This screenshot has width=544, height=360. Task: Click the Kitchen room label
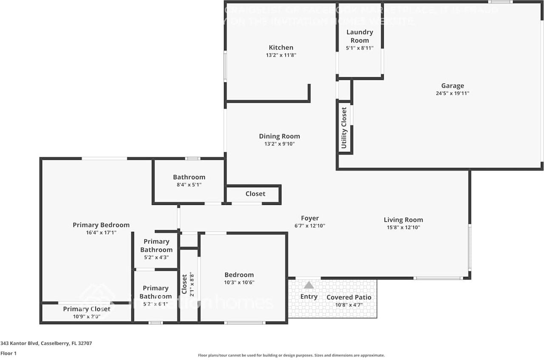[281, 48]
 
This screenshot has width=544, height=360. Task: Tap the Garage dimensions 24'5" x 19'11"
[452, 94]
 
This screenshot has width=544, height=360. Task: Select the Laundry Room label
[360, 36]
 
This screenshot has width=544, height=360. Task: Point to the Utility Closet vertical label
[344, 128]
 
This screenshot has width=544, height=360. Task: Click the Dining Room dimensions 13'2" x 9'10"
[279, 144]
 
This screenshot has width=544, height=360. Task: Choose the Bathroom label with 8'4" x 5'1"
[189, 177]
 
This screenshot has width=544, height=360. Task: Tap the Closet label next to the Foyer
[255, 194]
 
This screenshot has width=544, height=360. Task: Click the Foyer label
[309, 218]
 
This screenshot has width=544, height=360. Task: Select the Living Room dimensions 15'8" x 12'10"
[403, 227]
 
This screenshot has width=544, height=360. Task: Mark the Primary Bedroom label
[101, 225]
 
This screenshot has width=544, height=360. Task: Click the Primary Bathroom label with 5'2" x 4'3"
[156, 246]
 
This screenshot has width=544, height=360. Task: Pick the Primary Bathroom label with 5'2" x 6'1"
[156, 292]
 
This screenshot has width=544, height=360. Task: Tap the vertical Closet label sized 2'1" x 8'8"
[184, 284]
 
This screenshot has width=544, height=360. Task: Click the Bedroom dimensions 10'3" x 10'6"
[239, 282]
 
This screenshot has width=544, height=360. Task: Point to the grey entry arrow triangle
[309, 285]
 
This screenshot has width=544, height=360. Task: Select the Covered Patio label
[348, 297]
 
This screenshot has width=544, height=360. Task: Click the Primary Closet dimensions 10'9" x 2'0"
[86, 316]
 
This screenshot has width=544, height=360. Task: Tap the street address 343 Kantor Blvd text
[46, 343]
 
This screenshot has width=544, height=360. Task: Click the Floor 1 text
[9, 353]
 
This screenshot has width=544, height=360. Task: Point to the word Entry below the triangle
[309, 297]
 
